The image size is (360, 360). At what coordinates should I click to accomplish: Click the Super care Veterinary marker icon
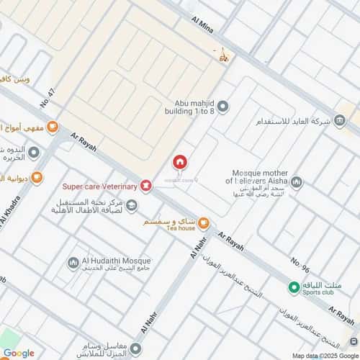(146, 186)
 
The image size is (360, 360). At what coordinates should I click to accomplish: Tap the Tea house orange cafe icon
(204, 222)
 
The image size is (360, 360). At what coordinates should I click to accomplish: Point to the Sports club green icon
(293, 287)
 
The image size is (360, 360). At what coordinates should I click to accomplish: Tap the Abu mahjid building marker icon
(223, 107)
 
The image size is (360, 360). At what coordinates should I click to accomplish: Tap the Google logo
(18, 353)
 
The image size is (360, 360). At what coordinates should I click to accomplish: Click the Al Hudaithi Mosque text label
(118, 261)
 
